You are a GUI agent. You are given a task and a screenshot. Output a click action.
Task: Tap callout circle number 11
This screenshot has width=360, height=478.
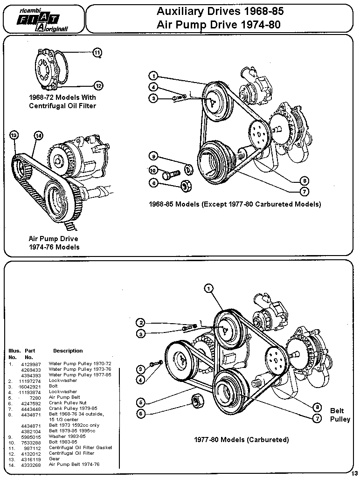[97, 52]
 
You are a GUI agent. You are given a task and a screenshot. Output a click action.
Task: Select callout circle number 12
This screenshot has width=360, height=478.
[98, 85]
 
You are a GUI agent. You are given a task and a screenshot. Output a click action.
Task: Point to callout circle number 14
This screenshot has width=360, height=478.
[38, 135]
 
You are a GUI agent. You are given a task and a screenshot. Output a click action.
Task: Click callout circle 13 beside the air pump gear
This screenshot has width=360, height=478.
[14, 135]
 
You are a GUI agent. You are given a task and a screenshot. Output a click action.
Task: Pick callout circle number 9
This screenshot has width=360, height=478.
[153, 156]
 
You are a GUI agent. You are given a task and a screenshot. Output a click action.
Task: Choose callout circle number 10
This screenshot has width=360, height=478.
[153, 171]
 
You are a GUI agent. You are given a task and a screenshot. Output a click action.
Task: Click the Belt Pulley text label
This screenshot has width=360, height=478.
[339, 415]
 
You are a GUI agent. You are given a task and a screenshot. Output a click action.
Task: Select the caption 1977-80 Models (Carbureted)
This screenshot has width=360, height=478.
[241, 439]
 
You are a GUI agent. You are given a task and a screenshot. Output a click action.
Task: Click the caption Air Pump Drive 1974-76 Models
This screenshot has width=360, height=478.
[54, 242]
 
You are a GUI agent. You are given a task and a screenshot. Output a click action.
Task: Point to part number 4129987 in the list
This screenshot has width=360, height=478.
[31, 363]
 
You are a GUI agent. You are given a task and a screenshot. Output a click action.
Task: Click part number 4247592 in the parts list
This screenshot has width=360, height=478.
[31, 402]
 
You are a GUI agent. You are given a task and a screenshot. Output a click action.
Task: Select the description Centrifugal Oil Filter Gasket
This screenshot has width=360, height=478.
[80, 447]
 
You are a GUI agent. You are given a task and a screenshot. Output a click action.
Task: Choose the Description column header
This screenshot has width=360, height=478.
[68, 351]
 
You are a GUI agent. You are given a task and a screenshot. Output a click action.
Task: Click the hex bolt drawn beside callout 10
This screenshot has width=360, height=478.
[172, 173]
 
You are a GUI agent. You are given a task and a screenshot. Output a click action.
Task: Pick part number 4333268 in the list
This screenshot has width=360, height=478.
[31, 464]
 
